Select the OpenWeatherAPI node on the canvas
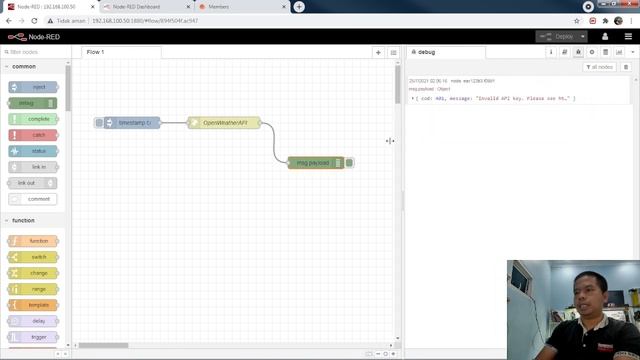pyautogui.click(x=225, y=123)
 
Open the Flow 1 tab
pyautogui.click(x=96, y=52)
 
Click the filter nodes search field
pyautogui.click(x=35, y=51)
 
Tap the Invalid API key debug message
pyautogui.click(x=495, y=99)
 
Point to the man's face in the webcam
pyautogui.click(x=585, y=294)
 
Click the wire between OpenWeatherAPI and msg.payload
pyautogui.click(x=274, y=142)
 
